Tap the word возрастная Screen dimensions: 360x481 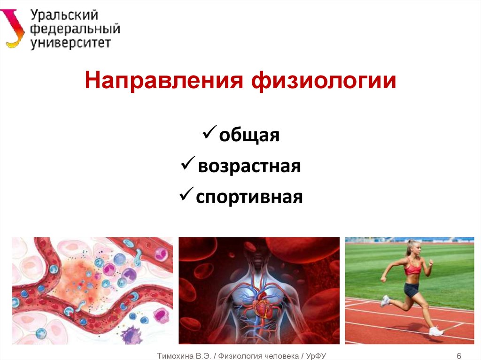click(x=249, y=166)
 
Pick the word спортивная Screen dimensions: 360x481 click(x=249, y=196)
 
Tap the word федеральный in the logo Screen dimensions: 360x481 click(x=75, y=29)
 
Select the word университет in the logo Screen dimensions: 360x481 click(x=70, y=43)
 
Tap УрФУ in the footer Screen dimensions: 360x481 click(x=316, y=356)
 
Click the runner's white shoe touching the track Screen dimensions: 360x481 click(x=436, y=331)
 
